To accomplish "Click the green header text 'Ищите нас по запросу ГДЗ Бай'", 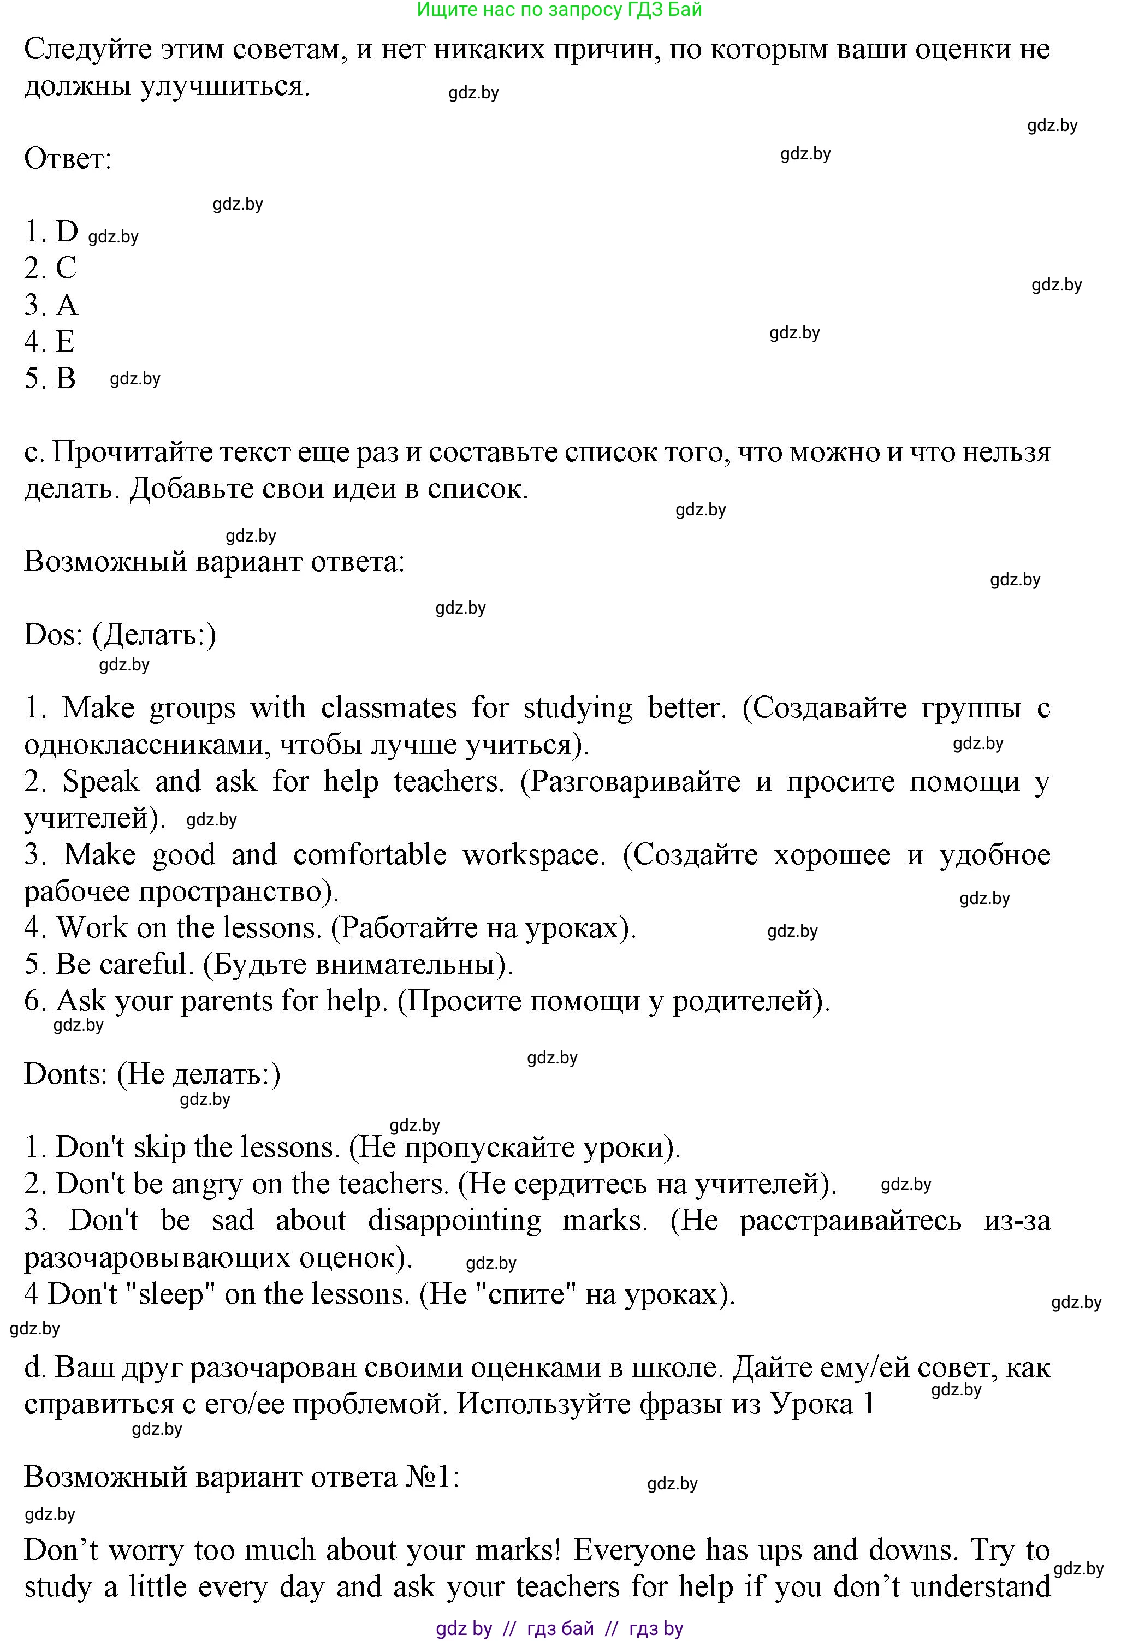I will click(560, 10).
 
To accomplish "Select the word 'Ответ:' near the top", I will click(68, 158).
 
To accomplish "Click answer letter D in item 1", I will click(67, 231).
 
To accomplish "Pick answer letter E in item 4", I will click(65, 342).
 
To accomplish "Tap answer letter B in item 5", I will click(66, 378).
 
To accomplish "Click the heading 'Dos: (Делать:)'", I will click(120, 635).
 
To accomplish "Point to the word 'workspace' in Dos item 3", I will click(533, 855).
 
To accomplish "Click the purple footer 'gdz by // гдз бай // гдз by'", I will click(560, 1628).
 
